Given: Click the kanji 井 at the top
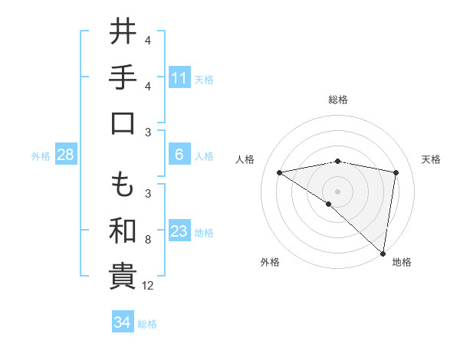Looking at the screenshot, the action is (123, 33).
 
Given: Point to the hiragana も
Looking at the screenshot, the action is (123, 184).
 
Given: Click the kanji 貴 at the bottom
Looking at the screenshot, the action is (123, 277).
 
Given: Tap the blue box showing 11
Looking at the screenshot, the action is (179, 77).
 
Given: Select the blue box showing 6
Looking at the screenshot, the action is (179, 155).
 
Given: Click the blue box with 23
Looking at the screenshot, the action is (179, 232).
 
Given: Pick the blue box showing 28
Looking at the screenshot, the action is (66, 155).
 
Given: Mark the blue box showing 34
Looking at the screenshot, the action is (122, 322).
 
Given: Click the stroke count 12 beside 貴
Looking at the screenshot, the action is (149, 286).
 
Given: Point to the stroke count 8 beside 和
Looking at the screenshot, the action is (147, 240).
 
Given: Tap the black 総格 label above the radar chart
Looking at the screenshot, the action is (337, 100).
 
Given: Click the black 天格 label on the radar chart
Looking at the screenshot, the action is (431, 159).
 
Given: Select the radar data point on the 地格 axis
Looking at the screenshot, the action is (383, 253).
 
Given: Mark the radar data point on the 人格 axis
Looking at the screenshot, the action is (280, 172).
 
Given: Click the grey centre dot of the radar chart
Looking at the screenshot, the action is (337, 191).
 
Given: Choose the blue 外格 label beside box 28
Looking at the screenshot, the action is (41, 155).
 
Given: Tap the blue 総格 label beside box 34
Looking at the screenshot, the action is (147, 323).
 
